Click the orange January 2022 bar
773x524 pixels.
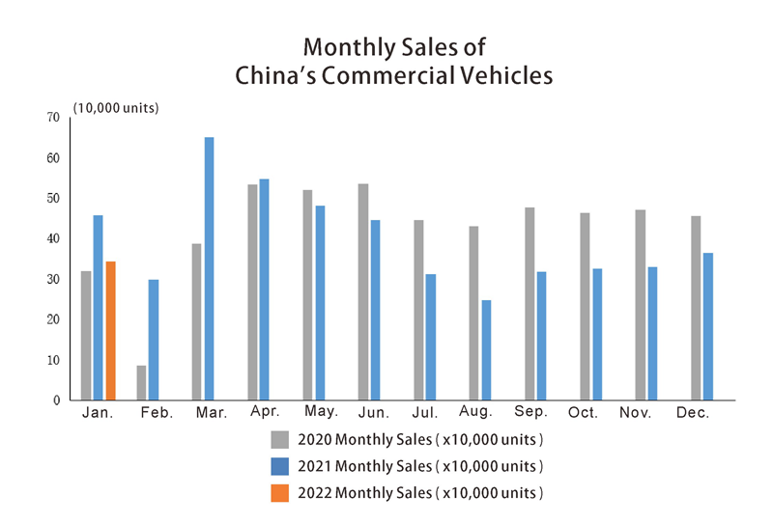[x=110, y=331]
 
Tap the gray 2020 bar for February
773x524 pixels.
[x=142, y=382]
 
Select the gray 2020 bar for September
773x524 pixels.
[x=530, y=303]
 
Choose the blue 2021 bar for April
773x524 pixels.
[x=265, y=289]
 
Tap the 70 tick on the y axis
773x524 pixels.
[x=52, y=117]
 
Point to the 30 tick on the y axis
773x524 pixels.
[x=52, y=279]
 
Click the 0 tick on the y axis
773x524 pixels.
[x=56, y=400]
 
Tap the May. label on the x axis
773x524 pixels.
[x=320, y=412]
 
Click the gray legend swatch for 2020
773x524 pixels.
[x=280, y=440]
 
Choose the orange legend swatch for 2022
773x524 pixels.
[x=280, y=492]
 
